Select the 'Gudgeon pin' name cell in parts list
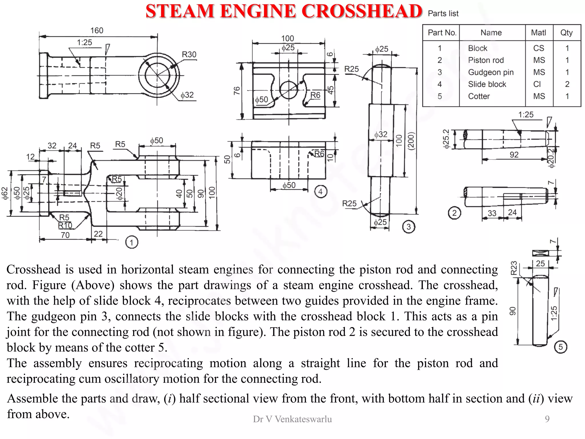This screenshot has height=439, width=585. coord(490,72)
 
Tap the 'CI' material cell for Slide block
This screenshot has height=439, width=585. coord(537,84)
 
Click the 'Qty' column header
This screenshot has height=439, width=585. coord(566,33)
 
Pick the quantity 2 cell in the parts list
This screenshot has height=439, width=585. coord(567,84)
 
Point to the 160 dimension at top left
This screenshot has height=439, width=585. coord(97,31)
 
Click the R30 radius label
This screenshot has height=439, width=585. coord(189,55)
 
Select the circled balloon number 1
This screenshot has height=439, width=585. coord(131,243)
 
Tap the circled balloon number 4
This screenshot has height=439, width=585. coord(320,192)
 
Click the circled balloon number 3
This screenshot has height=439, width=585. coord(408,227)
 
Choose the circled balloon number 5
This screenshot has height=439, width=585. coord(560,347)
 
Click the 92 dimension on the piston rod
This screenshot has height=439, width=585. coord(514,155)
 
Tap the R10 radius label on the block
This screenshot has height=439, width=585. coord(65,226)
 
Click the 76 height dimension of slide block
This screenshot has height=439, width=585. coord(237,91)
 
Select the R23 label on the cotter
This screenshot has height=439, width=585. coord(514,268)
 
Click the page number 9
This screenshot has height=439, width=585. coord(547,419)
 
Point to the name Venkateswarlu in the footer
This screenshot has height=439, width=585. coord(303,419)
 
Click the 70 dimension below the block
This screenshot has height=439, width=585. coord(65,235)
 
